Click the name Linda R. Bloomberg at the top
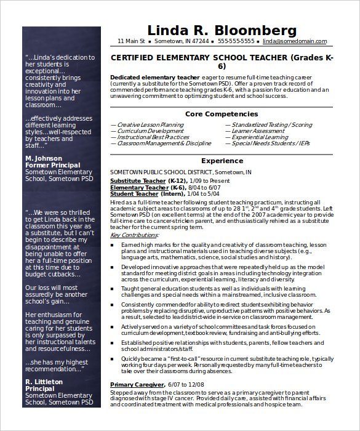point(222,30)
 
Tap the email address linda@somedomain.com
point(294,41)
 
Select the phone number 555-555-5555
point(236,41)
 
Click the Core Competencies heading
point(222,114)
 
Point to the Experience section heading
point(222,160)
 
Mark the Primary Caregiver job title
point(137,385)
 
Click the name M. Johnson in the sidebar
point(44,159)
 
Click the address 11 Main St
point(131,41)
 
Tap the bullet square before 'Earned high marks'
point(113,245)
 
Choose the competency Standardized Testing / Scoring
point(271,125)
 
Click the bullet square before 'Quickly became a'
point(113,358)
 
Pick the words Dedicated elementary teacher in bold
point(146,77)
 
